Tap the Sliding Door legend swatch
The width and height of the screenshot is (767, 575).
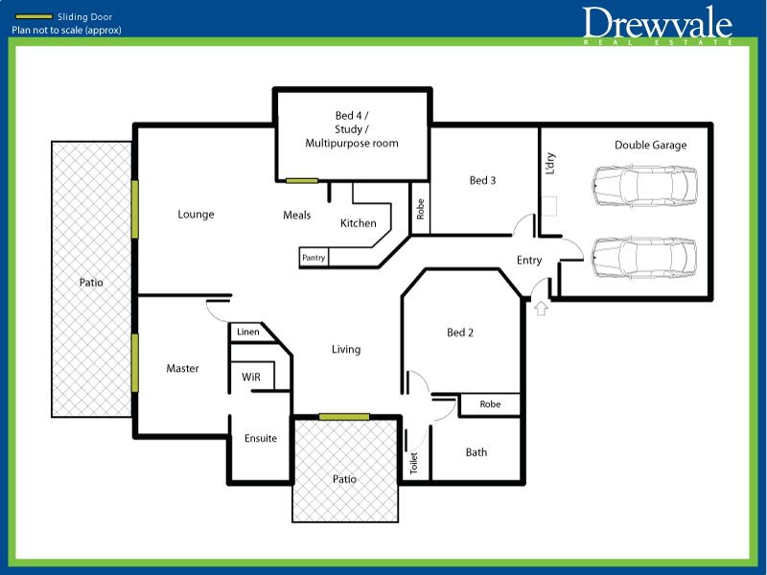pyautogui.click(x=33, y=17)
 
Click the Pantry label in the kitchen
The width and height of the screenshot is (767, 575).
pyautogui.click(x=314, y=258)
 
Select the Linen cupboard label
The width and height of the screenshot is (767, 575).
pyautogui.click(x=248, y=332)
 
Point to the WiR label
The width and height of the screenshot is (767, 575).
pyautogui.click(x=251, y=377)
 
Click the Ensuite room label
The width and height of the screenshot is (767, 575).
pyautogui.click(x=261, y=439)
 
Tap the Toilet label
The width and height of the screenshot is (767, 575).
pyautogui.click(x=414, y=464)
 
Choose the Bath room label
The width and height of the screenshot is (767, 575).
pyautogui.click(x=476, y=452)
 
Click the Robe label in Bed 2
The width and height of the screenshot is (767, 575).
pyautogui.click(x=490, y=405)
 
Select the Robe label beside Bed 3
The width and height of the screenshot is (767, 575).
pyautogui.click(x=420, y=210)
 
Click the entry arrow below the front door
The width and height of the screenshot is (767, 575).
pyautogui.click(x=541, y=309)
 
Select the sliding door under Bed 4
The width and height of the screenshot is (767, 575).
pyautogui.click(x=301, y=180)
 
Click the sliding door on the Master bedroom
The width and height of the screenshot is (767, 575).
pyautogui.click(x=135, y=361)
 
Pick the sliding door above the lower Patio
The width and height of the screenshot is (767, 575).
pyautogui.click(x=343, y=416)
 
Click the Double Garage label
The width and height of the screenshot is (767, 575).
pyautogui.click(x=650, y=146)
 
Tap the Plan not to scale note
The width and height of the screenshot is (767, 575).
pyautogui.click(x=66, y=31)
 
